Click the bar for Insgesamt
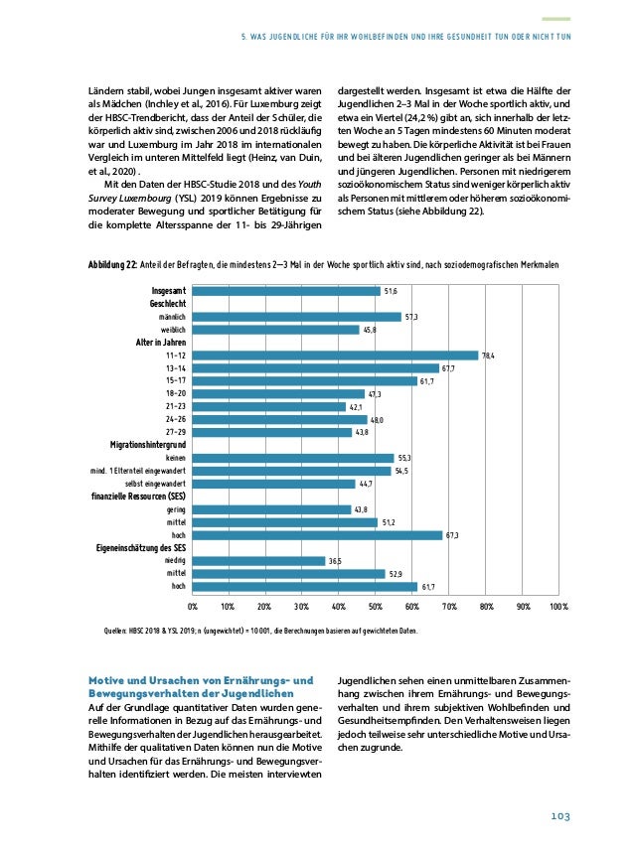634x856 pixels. (x=285, y=291)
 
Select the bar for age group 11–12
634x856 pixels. (x=335, y=356)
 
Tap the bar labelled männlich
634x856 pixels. (x=296, y=317)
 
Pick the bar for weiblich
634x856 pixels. (x=275, y=330)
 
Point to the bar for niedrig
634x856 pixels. (x=258, y=561)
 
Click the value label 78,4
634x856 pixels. (x=489, y=356)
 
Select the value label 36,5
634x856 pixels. (x=337, y=561)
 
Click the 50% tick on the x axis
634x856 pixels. (x=376, y=604)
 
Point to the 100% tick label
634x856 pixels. (x=557, y=604)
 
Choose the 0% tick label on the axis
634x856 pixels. (x=193, y=604)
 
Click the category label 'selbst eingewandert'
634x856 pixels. (x=154, y=484)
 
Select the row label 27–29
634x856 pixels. (x=176, y=432)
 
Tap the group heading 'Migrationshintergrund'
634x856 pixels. (x=148, y=445)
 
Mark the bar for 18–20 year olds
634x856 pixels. (x=278, y=394)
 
